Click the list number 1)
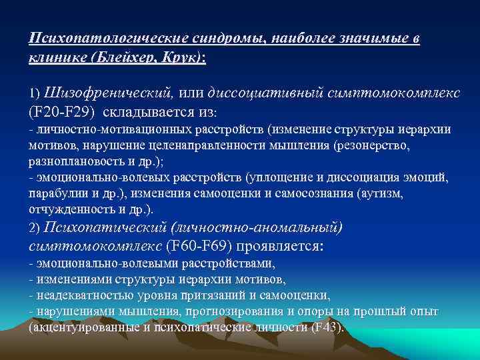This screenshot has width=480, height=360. (34, 91)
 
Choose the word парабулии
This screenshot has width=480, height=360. (56, 193)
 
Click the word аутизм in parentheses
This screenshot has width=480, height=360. (378, 193)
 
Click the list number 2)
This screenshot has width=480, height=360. (34, 228)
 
